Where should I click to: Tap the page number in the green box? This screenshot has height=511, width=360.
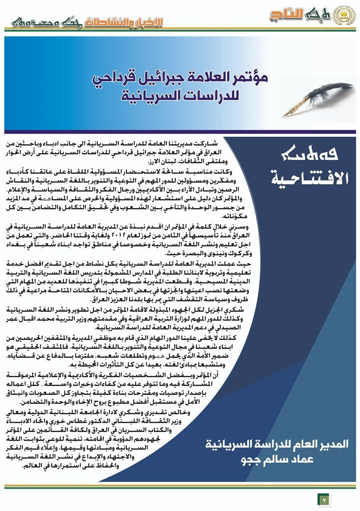[322, 499]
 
